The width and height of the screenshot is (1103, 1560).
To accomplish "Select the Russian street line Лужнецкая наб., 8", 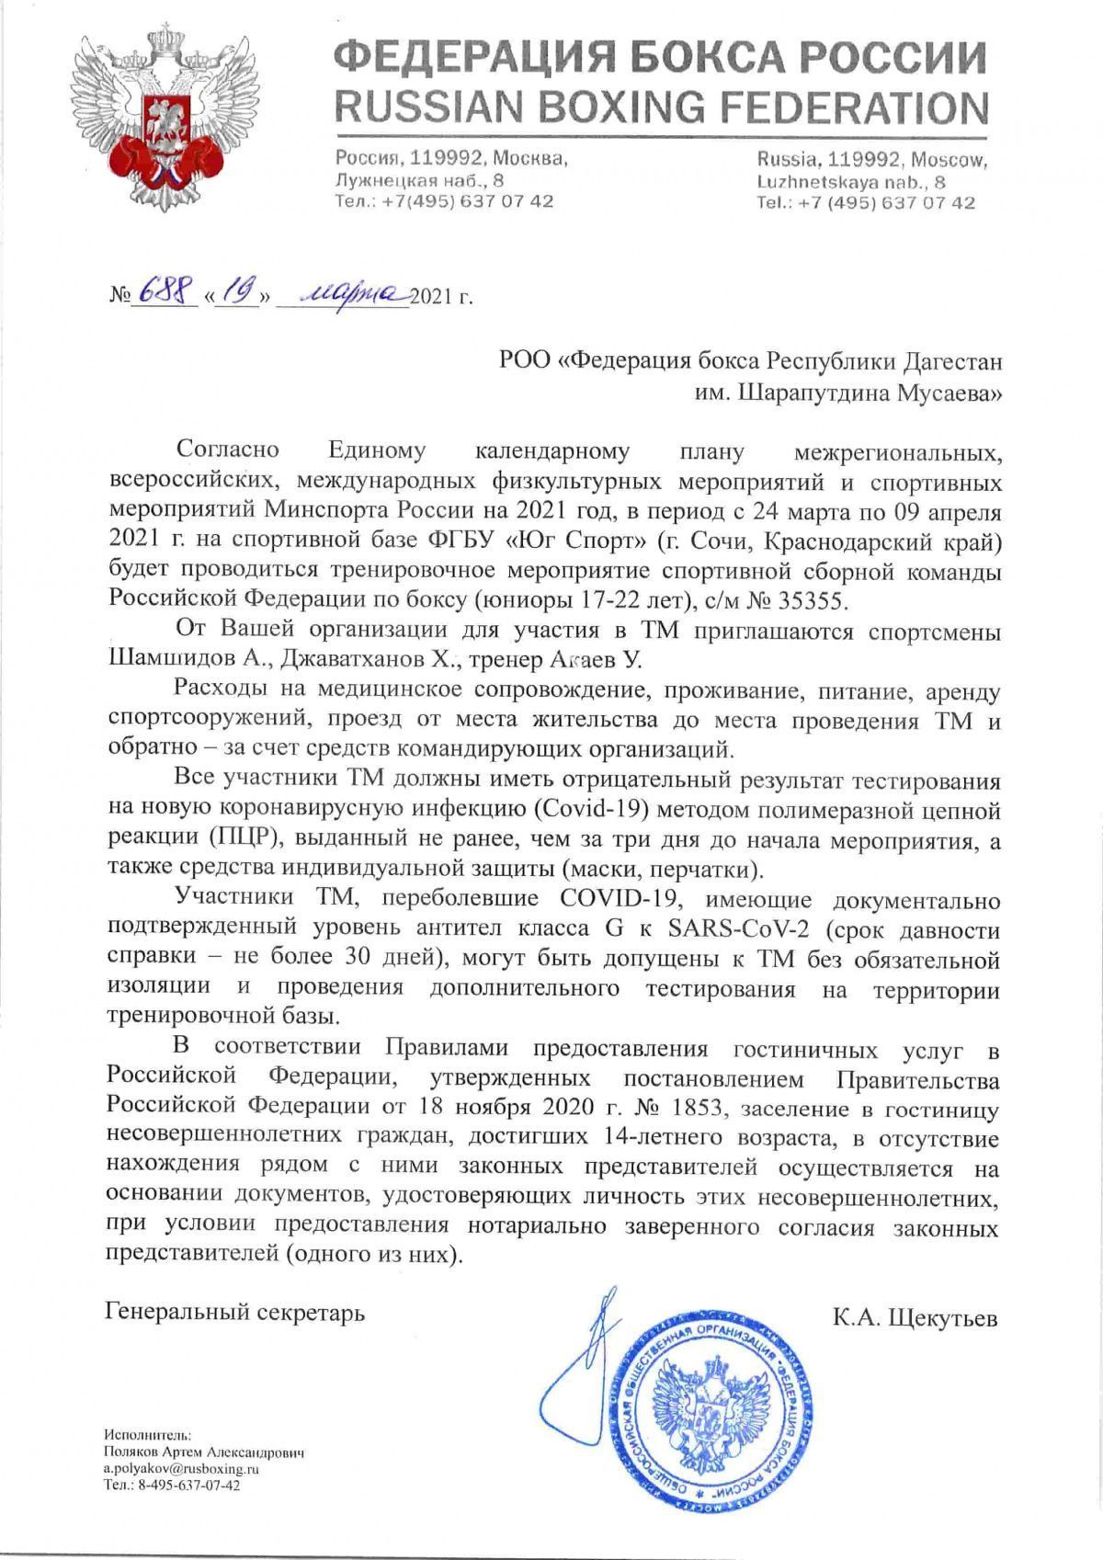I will click(419, 181).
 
